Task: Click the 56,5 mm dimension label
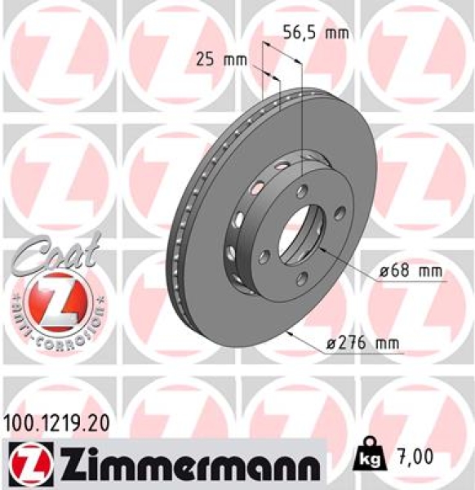click(315, 33)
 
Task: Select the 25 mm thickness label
click(221, 60)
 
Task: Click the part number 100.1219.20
click(55, 425)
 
